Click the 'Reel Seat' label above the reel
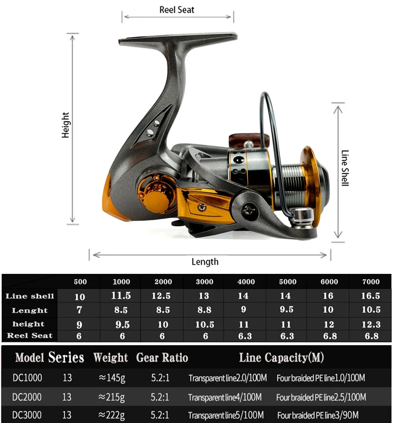[x=177, y=10]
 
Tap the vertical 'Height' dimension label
[x=66, y=125]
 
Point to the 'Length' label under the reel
[x=205, y=262]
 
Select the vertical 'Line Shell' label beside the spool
[x=345, y=168]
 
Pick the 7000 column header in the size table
[x=371, y=282]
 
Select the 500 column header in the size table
[x=80, y=282]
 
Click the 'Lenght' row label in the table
[x=29, y=310]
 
